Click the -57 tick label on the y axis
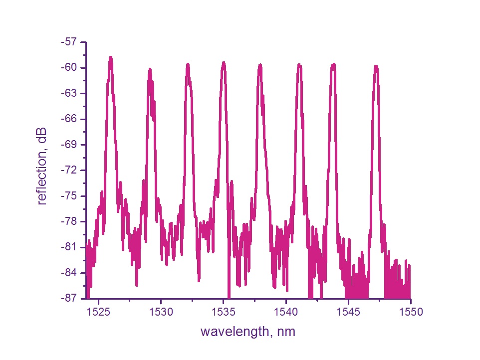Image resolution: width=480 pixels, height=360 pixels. pyautogui.click(x=69, y=42)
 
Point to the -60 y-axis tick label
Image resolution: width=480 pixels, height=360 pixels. pyautogui.click(x=69, y=68)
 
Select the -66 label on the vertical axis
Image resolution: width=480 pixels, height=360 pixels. pyautogui.click(x=69, y=119)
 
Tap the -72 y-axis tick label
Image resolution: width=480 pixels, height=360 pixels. pyautogui.click(x=69, y=171)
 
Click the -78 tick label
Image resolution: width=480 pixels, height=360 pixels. pyautogui.click(x=69, y=221)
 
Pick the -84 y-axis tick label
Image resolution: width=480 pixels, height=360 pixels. pyautogui.click(x=69, y=273)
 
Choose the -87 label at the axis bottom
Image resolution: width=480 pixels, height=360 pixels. pyautogui.click(x=69, y=298)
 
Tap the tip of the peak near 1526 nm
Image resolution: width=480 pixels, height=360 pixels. pyautogui.click(x=111, y=57)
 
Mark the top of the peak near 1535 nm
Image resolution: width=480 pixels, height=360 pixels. pyautogui.click(x=224, y=63)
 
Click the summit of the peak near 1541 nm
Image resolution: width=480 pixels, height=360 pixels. pyautogui.click(x=299, y=64)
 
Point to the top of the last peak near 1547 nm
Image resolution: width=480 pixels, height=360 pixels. pyautogui.click(x=376, y=66)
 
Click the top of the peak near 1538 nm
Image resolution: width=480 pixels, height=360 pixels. pyautogui.click(x=260, y=65)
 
